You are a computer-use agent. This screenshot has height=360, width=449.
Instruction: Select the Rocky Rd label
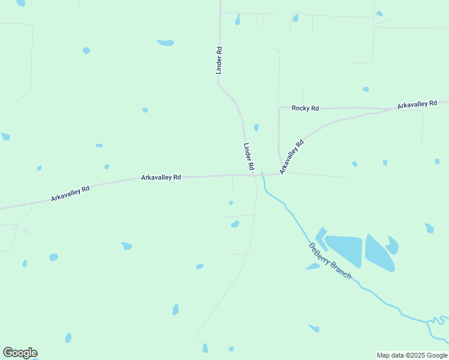pyautogui.click(x=305, y=108)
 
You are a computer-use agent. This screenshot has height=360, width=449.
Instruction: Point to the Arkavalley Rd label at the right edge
pyautogui.click(x=417, y=104)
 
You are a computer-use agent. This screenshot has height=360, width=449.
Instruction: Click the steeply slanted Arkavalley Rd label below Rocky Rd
pyautogui.click(x=292, y=157)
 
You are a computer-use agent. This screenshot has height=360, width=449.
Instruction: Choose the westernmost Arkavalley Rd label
pyautogui.click(x=70, y=193)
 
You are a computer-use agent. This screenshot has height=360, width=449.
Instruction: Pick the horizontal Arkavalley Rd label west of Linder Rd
pyautogui.click(x=161, y=178)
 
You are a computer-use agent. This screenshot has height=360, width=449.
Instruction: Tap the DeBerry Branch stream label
pyautogui.click(x=330, y=261)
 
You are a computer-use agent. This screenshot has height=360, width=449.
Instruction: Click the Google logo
pyautogui.click(x=20, y=353)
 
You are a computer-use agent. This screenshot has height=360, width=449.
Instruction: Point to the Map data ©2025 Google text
pyautogui.click(x=413, y=355)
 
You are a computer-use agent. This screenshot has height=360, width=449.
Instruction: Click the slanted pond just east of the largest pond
pyautogui.click(x=379, y=253)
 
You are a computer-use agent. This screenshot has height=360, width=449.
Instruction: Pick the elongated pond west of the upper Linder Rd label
pyautogui.click(x=166, y=43)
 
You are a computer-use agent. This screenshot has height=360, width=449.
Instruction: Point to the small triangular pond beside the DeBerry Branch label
pyautogui.click(x=313, y=266)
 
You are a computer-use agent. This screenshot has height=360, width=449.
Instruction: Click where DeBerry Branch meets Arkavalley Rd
pyautogui.click(x=262, y=175)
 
